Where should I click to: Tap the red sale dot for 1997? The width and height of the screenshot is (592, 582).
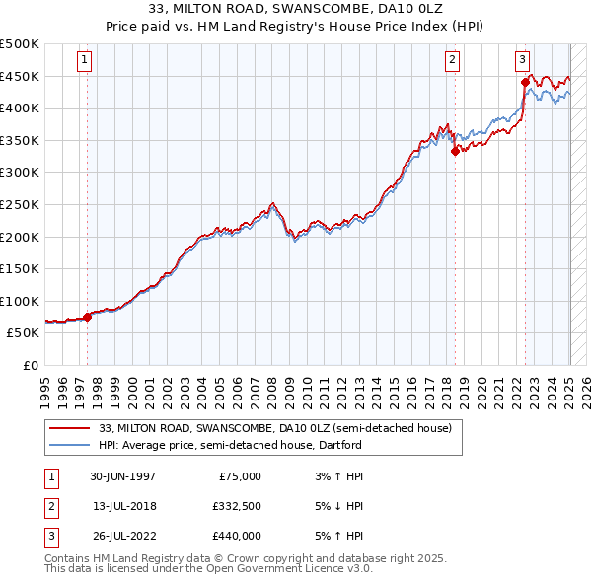[x=87, y=317]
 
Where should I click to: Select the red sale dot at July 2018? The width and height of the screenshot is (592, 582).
[x=455, y=151]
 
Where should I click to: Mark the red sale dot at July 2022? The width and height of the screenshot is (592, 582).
[x=525, y=82]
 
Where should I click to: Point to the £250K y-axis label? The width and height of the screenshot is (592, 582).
[x=20, y=204]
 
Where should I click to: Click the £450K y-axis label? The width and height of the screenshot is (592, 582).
[x=20, y=76]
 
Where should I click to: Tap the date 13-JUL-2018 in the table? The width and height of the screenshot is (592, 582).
[x=123, y=506]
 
